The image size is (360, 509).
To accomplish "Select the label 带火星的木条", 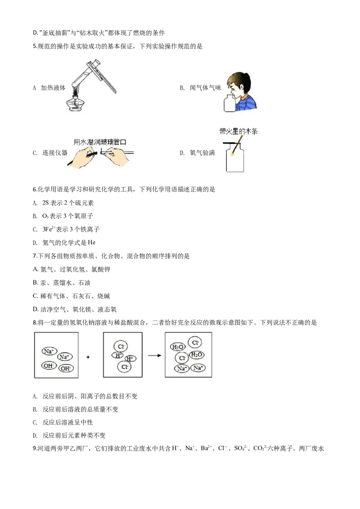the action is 238,131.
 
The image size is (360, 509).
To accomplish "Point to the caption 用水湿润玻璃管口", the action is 100,142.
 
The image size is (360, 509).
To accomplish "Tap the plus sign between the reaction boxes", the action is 88,357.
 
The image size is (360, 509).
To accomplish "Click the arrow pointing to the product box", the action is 155,356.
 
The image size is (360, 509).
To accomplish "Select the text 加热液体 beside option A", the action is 53,88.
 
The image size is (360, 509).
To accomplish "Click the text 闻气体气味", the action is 205,88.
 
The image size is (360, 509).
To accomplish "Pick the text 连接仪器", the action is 55,152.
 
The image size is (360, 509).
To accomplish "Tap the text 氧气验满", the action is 202,152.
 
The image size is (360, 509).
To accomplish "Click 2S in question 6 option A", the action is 45,203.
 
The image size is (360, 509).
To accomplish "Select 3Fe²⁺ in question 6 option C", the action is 49,229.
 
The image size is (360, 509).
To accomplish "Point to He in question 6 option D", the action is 92,242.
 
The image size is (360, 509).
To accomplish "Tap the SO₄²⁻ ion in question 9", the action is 241,448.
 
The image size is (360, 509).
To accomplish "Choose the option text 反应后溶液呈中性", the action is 67,422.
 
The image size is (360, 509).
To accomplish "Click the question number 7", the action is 35,256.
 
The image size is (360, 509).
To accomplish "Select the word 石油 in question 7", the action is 84,283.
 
